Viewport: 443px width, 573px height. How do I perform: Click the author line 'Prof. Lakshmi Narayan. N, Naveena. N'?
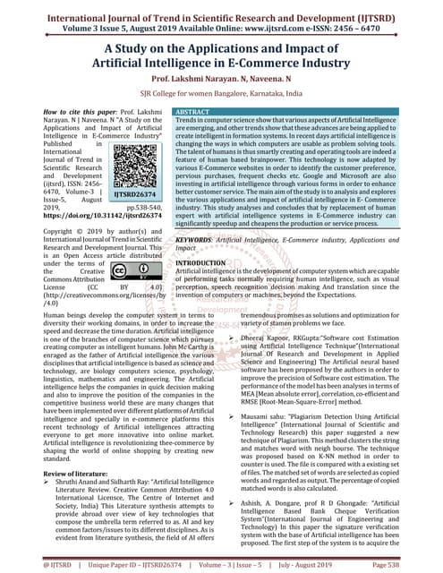(221, 77)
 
